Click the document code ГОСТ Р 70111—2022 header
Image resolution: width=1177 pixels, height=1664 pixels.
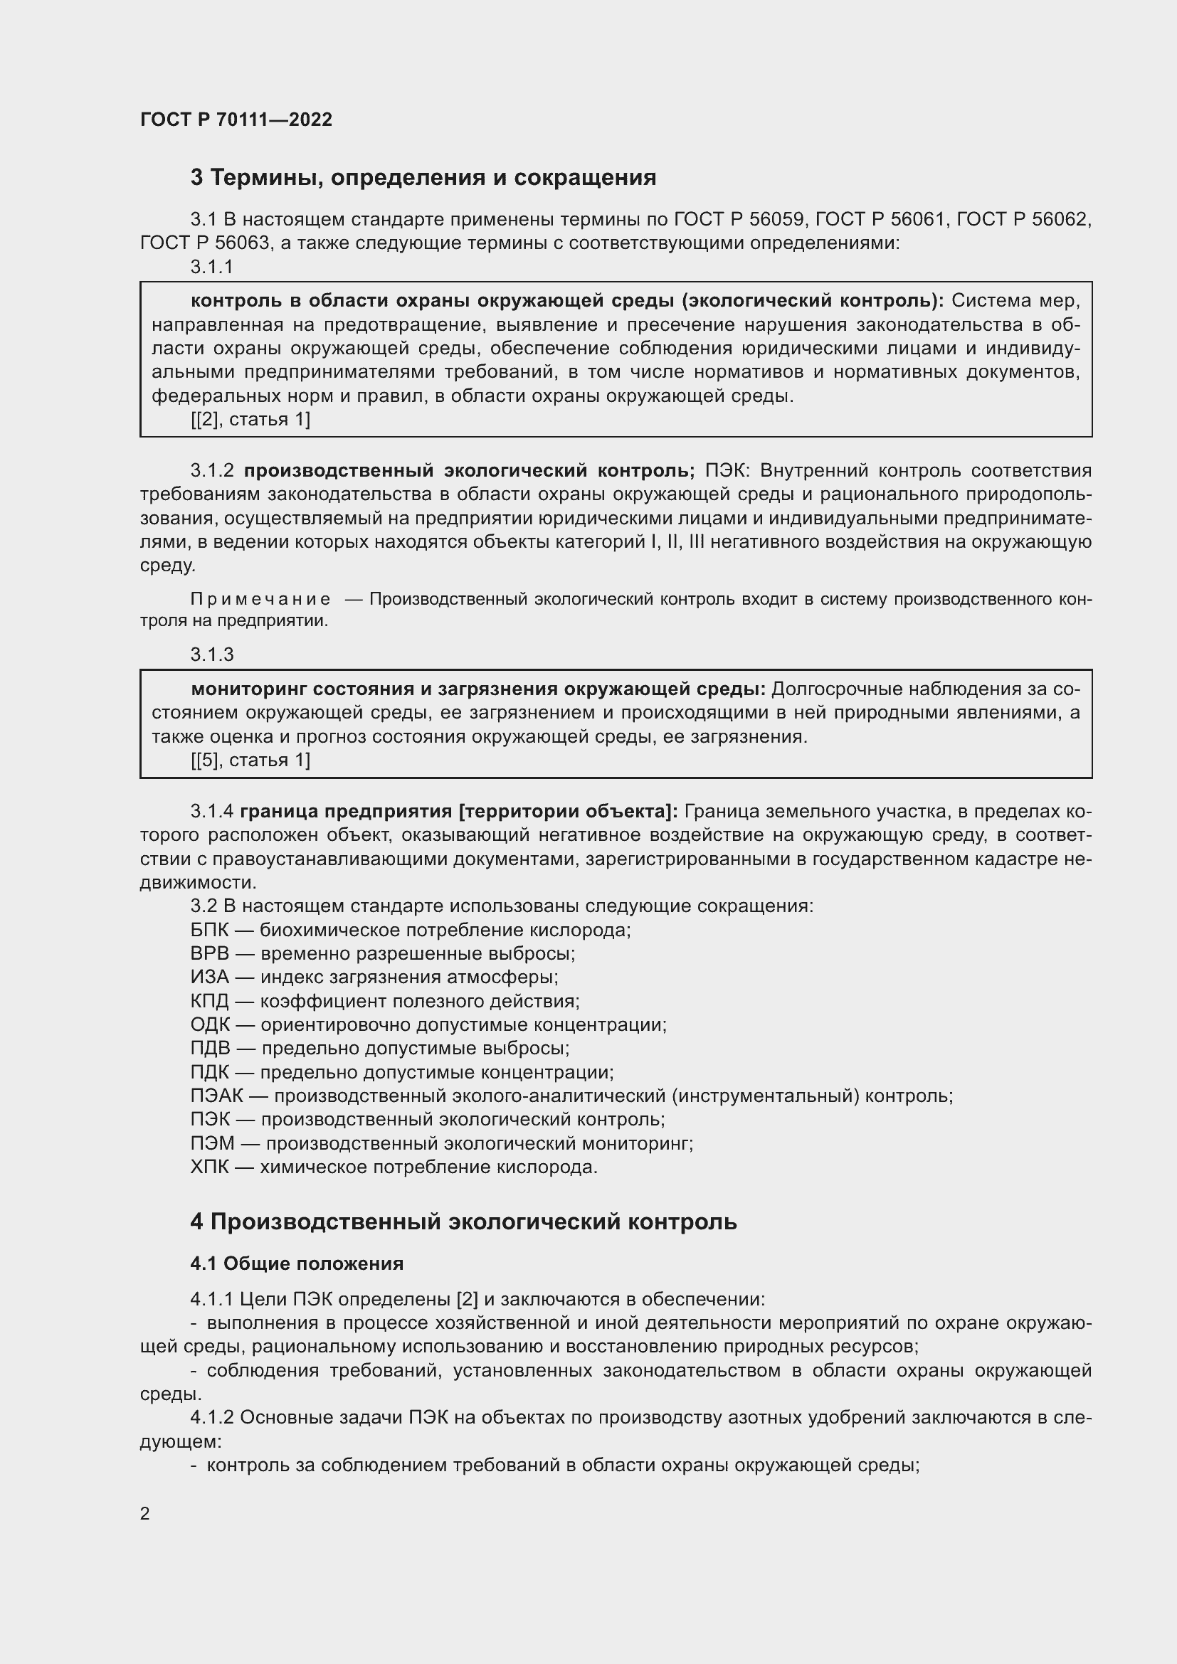[x=236, y=120]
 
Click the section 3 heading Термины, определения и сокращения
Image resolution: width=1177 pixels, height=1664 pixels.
[x=423, y=178]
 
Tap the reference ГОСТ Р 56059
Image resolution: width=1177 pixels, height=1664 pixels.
[x=739, y=219]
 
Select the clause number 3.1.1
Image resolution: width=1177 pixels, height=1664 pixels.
[x=211, y=267]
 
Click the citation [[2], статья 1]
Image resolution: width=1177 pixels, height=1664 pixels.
[x=250, y=419]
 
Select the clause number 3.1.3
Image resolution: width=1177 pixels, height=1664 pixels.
[x=211, y=655]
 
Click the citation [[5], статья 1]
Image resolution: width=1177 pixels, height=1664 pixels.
[x=250, y=760]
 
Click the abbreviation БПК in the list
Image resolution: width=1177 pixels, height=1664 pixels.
[x=209, y=930]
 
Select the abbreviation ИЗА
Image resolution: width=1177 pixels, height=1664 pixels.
[x=209, y=977]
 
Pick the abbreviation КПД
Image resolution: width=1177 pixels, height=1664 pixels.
[x=209, y=1001]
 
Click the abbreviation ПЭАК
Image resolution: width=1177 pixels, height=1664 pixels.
[x=216, y=1096]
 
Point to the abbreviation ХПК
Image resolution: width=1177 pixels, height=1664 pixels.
[x=209, y=1167]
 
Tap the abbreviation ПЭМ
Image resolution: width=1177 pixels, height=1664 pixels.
[x=212, y=1143]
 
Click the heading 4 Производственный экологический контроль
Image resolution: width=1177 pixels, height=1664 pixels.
[x=463, y=1222]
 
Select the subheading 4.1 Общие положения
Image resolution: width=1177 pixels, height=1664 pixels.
[x=297, y=1263]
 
